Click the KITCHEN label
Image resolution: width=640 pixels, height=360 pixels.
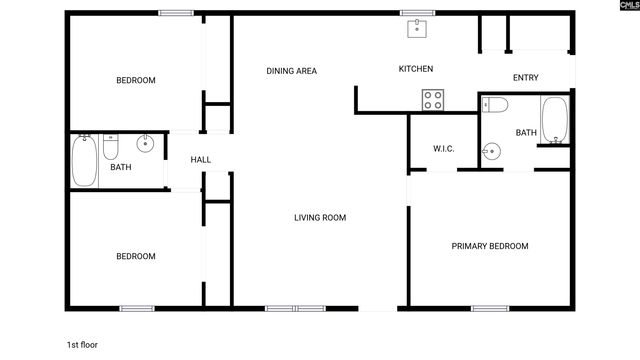click(415, 69)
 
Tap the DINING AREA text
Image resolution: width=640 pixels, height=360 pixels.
click(291, 71)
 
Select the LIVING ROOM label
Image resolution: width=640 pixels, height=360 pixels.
click(320, 218)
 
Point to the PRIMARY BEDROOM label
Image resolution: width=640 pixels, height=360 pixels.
click(490, 246)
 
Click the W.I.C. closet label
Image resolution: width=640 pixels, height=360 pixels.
click(444, 149)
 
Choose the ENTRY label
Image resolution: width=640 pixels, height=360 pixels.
click(525, 79)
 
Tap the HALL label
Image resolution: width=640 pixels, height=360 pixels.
click(201, 160)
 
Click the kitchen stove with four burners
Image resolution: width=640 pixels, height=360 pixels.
click(433, 99)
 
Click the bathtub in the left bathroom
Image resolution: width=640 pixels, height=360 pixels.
click(85, 162)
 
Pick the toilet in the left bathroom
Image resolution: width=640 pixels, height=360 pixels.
click(111, 148)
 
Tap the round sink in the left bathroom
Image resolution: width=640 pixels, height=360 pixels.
click(146, 142)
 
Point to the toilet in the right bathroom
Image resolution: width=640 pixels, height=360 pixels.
click(498, 105)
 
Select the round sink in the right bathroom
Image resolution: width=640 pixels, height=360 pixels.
click(490, 152)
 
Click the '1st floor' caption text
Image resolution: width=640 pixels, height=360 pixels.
click(82, 345)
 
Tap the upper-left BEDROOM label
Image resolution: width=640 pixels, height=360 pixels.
click(136, 81)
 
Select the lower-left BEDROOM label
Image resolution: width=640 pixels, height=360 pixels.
click(136, 257)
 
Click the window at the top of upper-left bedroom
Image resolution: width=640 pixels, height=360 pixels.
click(176, 13)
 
